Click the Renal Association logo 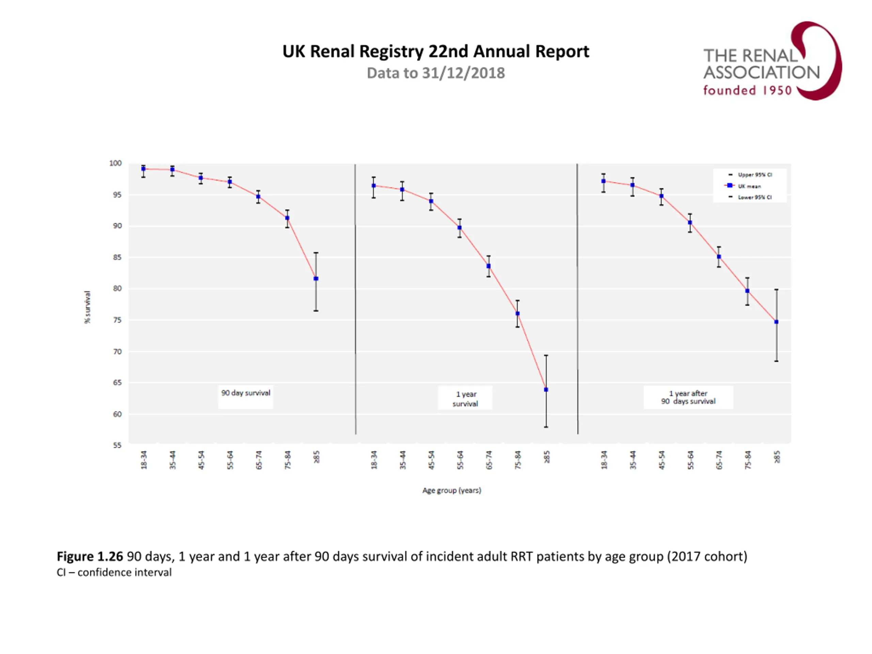coord(772,61)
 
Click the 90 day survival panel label coord(246,393)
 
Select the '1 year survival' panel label coord(465,399)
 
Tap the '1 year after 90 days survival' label coord(688,398)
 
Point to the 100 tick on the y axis coord(115,163)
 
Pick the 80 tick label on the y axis coord(118,289)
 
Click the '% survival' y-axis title coord(88,307)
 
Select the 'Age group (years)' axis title coord(452,490)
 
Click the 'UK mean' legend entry coord(749,186)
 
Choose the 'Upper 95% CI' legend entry coord(754,175)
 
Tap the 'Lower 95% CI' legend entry coord(754,197)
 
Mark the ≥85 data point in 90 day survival coord(316,279)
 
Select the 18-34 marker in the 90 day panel coord(143,169)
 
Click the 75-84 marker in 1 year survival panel coord(518,314)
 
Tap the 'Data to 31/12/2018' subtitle coord(436,73)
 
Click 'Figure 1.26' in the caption coord(90,556)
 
